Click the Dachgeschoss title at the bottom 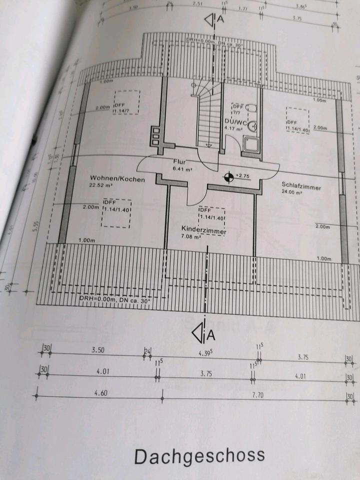199,455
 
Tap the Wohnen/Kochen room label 117,178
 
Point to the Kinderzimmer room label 204,231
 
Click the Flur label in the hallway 179,162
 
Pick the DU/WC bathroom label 234,122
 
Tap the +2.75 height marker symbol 228,177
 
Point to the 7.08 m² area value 191,238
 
